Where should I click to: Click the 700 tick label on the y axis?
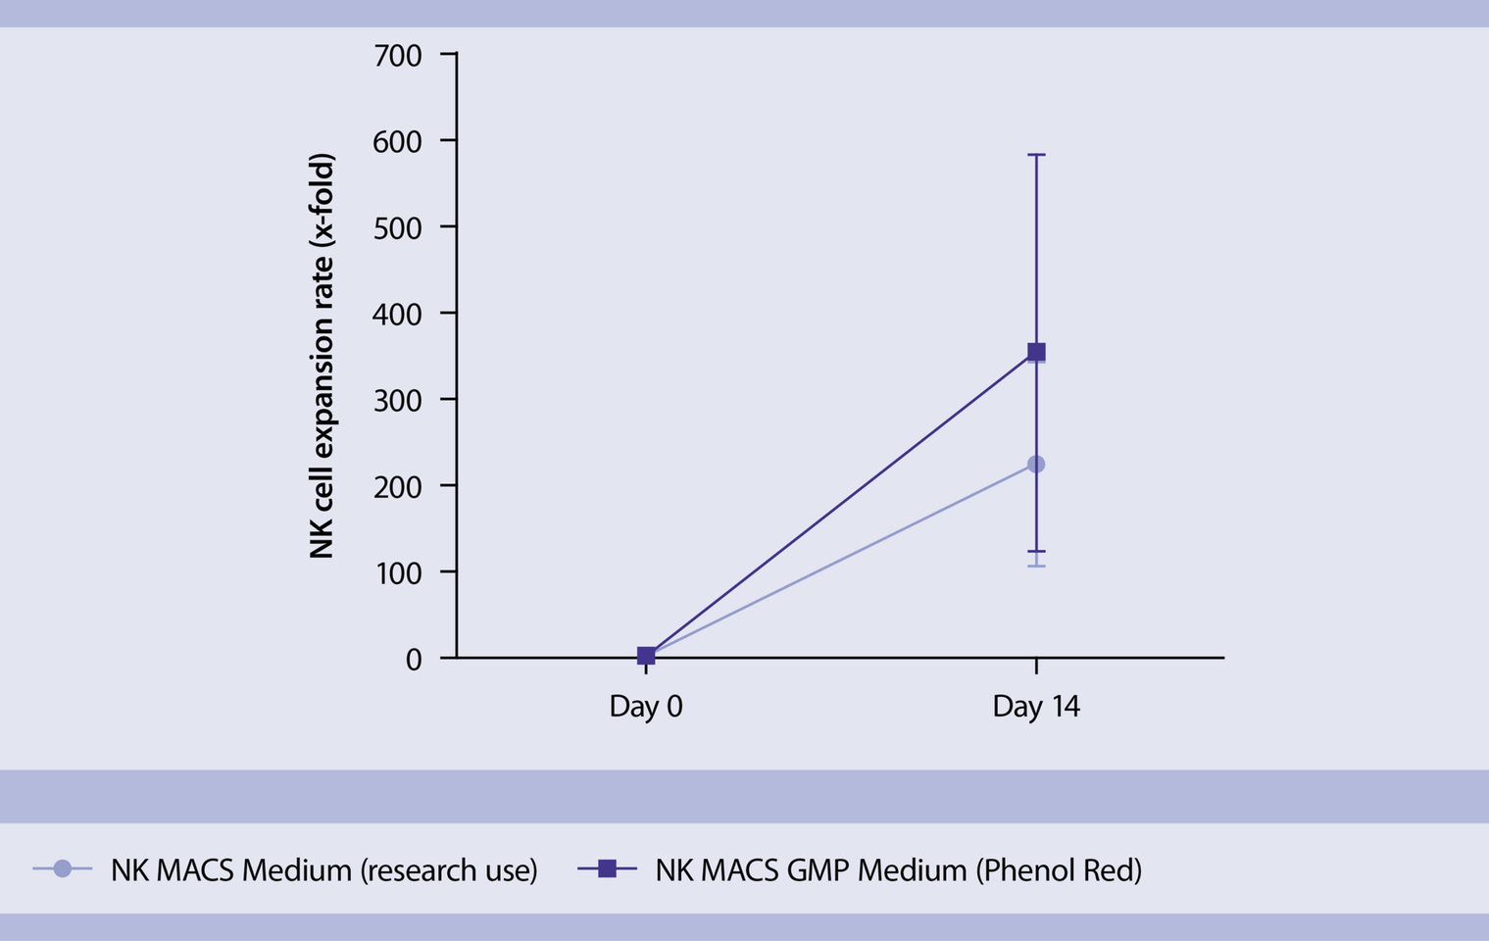[x=398, y=56]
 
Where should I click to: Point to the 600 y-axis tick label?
[x=398, y=141]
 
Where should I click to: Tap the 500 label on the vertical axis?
[x=398, y=228]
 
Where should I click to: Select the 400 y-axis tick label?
[x=398, y=314]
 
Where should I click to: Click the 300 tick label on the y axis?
[x=398, y=400]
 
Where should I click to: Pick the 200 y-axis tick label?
[x=398, y=487]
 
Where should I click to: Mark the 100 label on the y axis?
[x=399, y=572]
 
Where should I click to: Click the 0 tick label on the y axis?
[x=414, y=660]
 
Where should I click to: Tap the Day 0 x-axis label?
[x=646, y=706]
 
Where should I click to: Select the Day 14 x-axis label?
[x=1036, y=706]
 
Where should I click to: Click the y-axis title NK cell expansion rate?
[x=322, y=356]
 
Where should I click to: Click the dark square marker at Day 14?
[x=1036, y=352]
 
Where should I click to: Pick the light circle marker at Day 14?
[x=1036, y=464]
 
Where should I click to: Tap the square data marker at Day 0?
[x=646, y=656]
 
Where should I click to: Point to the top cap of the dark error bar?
[x=1036, y=155]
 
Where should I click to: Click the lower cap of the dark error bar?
[x=1036, y=551]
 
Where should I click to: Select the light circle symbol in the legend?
[x=63, y=868]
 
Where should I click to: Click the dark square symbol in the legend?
[x=607, y=868]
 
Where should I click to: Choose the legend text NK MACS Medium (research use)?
[x=324, y=869]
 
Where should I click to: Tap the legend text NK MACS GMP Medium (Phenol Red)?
[x=899, y=869]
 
